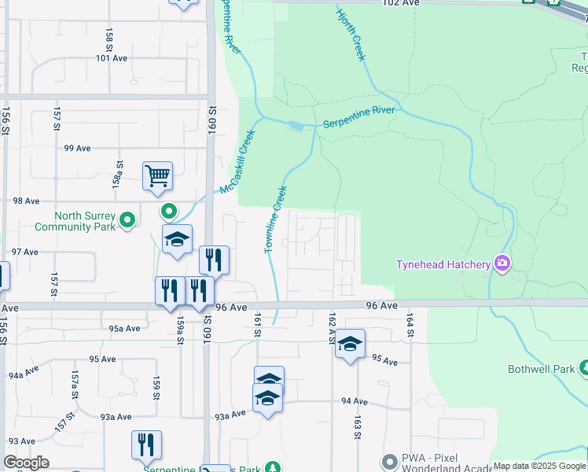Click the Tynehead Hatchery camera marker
(x=502, y=264)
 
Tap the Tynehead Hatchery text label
(x=442, y=264)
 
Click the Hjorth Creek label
(x=351, y=35)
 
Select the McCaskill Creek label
(x=239, y=162)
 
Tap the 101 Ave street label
(x=112, y=58)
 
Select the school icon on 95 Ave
(x=351, y=343)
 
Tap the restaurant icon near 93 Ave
(x=146, y=444)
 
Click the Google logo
(x=26, y=463)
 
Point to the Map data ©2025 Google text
(x=539, y=466)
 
